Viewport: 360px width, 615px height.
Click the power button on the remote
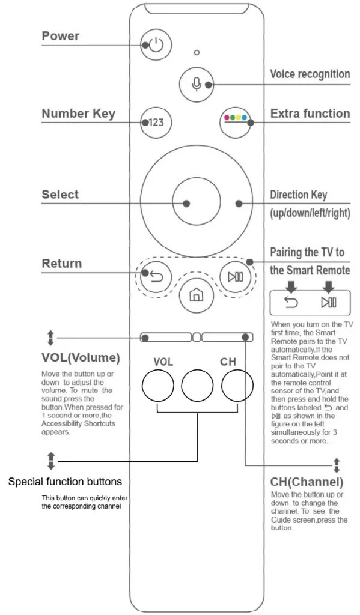tap(156, 45)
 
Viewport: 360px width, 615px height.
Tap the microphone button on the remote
tap(196, 84)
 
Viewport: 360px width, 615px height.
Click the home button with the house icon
tap(195, 295)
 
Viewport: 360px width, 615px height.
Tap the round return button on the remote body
tap(156, 277)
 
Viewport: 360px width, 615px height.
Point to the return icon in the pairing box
tap(290, 303)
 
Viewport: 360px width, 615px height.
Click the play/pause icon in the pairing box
tap(329, 303)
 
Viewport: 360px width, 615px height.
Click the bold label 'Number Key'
tap(78, 114)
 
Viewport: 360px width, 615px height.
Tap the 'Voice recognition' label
tap(310, 74)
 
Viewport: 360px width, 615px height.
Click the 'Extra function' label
tap(310, 114)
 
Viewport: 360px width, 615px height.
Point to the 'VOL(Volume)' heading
tap(81, 358)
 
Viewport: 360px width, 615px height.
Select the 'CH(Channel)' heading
tap(307, 482)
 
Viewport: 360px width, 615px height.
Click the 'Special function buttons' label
tap(65, 482)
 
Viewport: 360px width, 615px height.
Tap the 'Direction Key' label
tap(299, 195)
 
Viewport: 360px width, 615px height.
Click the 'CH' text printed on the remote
tap(228, 362)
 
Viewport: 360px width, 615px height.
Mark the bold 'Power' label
tap(61, 36)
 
